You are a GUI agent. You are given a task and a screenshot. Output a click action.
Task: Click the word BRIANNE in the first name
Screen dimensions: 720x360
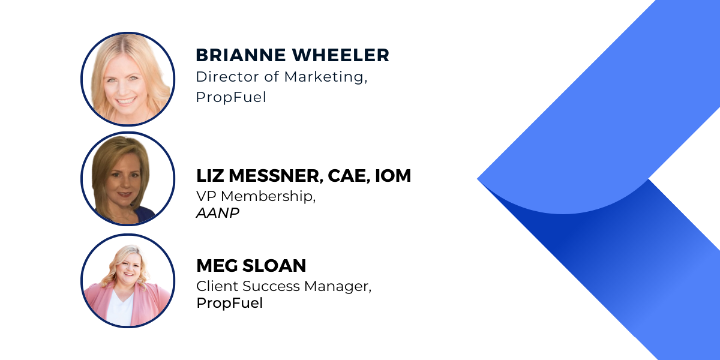tap(241, 55)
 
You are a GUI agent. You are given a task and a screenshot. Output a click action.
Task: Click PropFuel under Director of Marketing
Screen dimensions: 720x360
tap(231, 97)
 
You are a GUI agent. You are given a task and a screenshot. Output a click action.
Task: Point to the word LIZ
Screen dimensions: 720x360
tap(210, 175)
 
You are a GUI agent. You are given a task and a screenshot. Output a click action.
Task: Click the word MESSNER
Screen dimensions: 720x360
tap(276, 176)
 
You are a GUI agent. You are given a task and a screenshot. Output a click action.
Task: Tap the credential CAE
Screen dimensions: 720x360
tap(349, 176)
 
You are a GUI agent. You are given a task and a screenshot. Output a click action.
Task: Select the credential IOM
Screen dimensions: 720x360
tap(393, 175)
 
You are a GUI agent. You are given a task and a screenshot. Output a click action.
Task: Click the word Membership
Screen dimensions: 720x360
tap(268, 196)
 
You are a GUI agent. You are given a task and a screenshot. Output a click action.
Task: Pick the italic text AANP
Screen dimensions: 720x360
tap(218, 213)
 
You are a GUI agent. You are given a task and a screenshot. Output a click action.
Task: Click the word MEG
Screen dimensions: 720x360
tap(217, 265)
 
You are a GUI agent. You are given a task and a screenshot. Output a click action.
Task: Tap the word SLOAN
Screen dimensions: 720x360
tap(274, 265)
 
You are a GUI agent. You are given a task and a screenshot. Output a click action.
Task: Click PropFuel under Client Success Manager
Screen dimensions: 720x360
tap(229, 303)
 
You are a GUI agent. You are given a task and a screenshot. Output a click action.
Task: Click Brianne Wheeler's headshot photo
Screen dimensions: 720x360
tap(128, 79)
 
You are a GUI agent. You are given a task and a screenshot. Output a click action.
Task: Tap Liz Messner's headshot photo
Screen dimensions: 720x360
tap(128, 179)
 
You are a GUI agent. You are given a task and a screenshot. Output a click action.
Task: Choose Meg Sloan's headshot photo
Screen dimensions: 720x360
tap(128, 281)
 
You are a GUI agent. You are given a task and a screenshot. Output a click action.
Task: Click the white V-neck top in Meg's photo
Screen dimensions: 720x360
tap(119, 309)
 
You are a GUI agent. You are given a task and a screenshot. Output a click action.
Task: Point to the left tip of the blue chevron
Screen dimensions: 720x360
tap(478, 179)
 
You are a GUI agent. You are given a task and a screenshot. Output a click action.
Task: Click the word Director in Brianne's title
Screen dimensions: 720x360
tap(227, 77)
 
